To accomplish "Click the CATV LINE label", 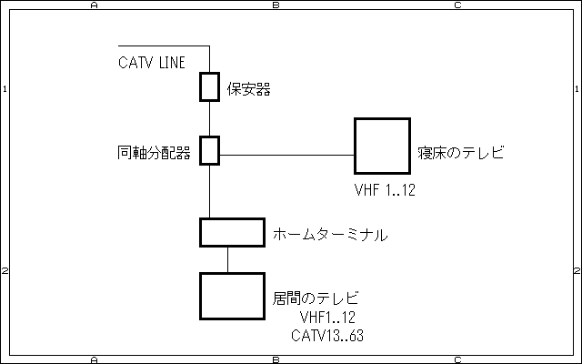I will pos(152,63).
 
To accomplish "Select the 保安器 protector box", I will pos(210,87).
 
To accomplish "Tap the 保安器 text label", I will pos(249,89).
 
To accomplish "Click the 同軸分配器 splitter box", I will pos(210,150).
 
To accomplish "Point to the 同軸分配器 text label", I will pos(155,152).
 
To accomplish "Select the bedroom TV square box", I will pos(382,146).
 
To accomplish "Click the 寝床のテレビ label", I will pos(461,152).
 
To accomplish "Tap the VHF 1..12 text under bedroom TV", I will pos(385,191).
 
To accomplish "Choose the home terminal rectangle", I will pos(232,232).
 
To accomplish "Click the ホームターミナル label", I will pos(331,235).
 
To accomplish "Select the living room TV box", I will pos(232,296).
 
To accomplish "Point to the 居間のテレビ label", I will pos(315,298).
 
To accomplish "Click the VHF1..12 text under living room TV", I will pos(327,317).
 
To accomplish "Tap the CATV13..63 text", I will pos(327,336).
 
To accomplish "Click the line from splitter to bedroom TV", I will pos(286,155).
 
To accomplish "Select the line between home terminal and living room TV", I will pos(228,259).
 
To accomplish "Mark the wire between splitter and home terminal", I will pos(210,191).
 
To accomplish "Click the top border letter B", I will pos(276,5).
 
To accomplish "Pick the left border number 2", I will pos(5,271).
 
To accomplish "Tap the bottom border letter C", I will pos(457,359).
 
